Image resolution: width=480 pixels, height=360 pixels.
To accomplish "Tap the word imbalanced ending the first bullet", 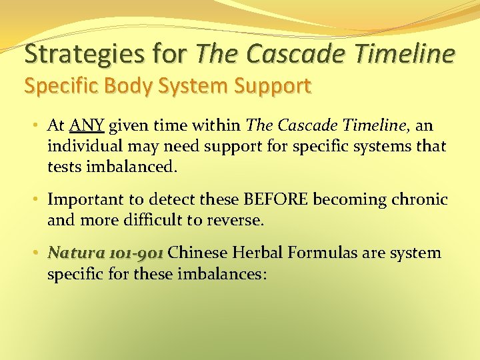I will coord(132,167).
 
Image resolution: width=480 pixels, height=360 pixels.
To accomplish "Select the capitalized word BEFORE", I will coord(277,199).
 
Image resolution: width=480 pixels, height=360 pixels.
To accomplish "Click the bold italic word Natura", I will coord(75,253).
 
